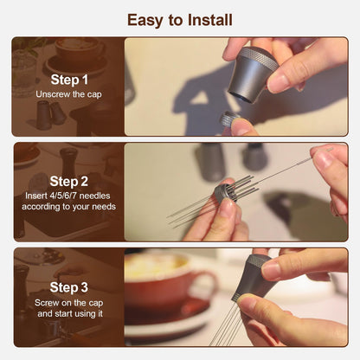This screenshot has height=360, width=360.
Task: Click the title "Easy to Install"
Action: pyautogui.click(x=180, y=20)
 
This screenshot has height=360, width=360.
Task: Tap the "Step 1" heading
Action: pyautogui.click(x=69, y=80)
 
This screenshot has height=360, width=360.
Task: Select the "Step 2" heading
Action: pyautogui.click(x=68, y=182)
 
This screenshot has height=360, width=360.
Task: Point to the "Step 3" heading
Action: pyautogui.click(x=68, y=287)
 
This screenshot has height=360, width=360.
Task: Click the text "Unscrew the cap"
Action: pyautogui.click(x=68, y=94)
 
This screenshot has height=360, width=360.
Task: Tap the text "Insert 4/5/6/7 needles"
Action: pyautogui.click(x=67, y=196)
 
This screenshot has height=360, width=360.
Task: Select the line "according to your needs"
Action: pyautogui.click(x=68, y=207)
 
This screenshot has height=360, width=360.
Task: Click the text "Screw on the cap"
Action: pyautogui.click(x=68, y=303)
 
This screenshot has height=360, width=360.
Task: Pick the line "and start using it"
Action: pyautogui.click(x=70, y=313)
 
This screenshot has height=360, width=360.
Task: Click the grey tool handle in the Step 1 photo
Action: pyautogui.click(x=252, y=75)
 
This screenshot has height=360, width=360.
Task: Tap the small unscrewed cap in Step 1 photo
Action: pyautogui.click(x=228, y=119)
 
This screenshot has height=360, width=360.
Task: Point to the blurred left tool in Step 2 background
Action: pyautogui.click(x=209, y=162)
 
